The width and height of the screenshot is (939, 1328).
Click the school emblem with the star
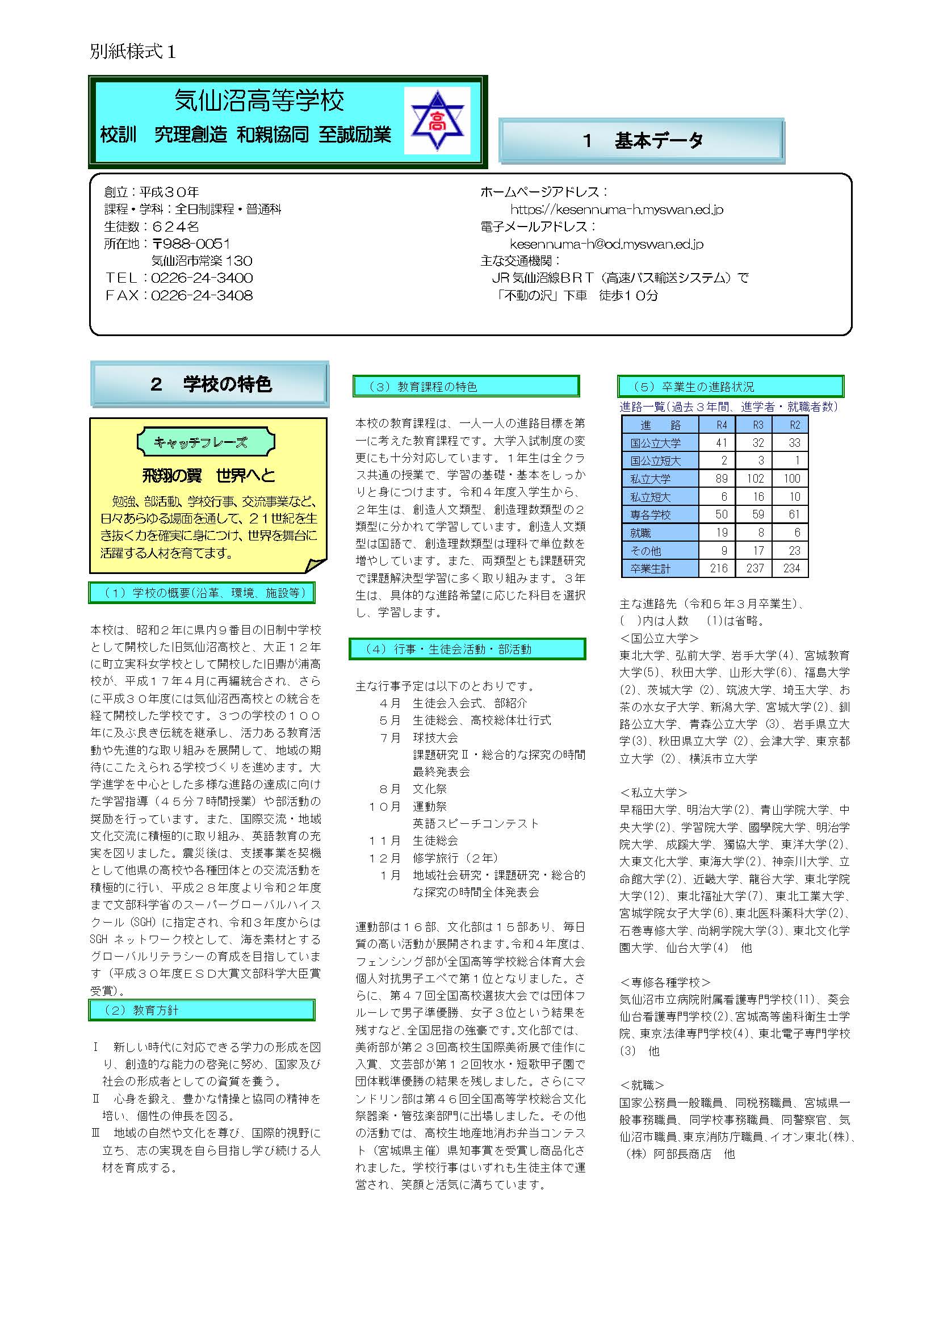click(x=437, y=121)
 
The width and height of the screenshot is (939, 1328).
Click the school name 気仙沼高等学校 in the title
click(x=259, y=100)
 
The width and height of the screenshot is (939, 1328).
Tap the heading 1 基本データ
click(x=642, y=141)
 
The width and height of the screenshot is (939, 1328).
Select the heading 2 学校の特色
click(x=210, y=384)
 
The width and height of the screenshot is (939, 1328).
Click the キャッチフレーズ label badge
click(x=206, y=442)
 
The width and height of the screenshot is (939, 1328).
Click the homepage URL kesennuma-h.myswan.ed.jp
click(x=617, y=210)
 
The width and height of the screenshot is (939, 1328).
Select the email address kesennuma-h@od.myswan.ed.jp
click(x=606, y=244)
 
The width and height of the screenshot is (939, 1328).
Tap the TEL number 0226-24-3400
click(x=202, y=278)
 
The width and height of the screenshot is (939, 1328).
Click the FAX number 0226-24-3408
click(x=202, y=295)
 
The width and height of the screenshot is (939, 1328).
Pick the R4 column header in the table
click(x=722, y=425)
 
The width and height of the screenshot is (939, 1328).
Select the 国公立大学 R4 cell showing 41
click(x=721, y=443)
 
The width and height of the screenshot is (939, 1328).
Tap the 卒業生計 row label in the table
click(x=651, y=568)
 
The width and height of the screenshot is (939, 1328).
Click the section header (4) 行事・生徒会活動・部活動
click(x=467, y=649)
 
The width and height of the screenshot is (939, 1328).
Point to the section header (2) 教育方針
click(x=201, y=1010)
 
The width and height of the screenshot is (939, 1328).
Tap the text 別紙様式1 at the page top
click(x=133, y=52)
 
